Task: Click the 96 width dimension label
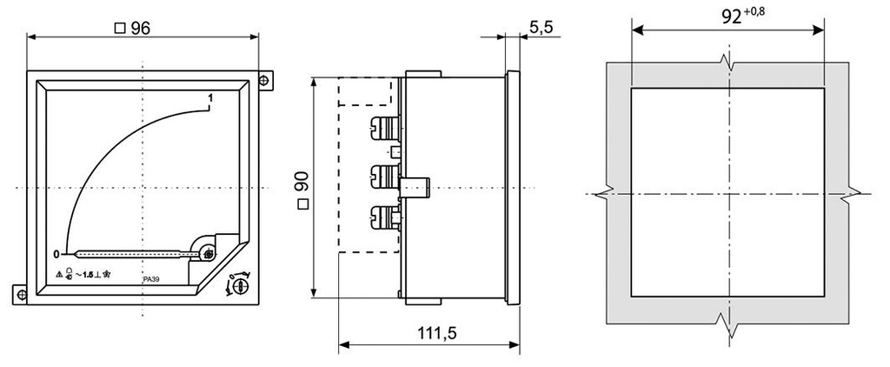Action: tap(139, 28)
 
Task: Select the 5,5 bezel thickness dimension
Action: tap(541, 28)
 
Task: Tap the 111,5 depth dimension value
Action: tap(428, 333)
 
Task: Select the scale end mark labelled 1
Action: tap(210, 97)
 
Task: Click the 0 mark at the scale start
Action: tap(56, 254)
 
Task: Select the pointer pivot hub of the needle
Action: tap(209, 253)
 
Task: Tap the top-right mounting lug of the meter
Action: tap(265, 81)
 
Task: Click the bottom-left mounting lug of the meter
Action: tap(21, 293)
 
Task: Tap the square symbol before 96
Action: tap(120, 28)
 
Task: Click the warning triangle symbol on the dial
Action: tap(58, 274)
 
